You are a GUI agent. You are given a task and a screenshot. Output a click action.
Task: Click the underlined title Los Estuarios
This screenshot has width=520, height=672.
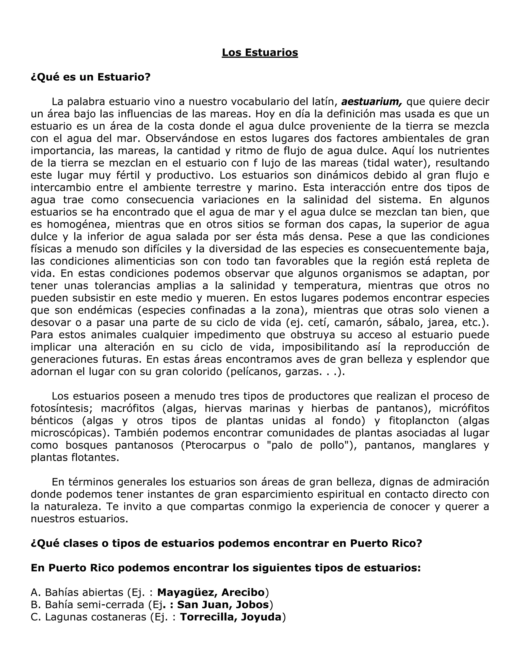tap(260, 52)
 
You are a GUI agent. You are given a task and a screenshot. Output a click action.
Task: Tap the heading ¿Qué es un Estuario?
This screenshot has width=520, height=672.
tap(91, 77)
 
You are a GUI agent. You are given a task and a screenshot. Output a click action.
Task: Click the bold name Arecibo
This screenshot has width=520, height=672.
tap(243, 592)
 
